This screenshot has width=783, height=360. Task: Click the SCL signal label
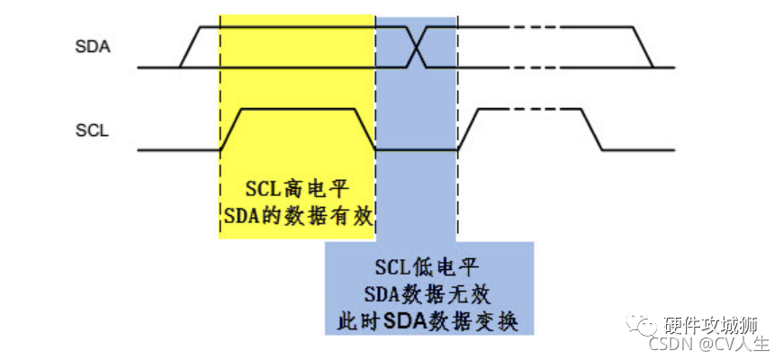[92, 130]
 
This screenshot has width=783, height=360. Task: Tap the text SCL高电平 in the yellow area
[297, 189]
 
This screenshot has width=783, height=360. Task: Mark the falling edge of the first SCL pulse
[365, 129]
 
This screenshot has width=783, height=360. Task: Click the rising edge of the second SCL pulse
[468, 129]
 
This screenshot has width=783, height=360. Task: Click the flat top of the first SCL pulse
[297, 110]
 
